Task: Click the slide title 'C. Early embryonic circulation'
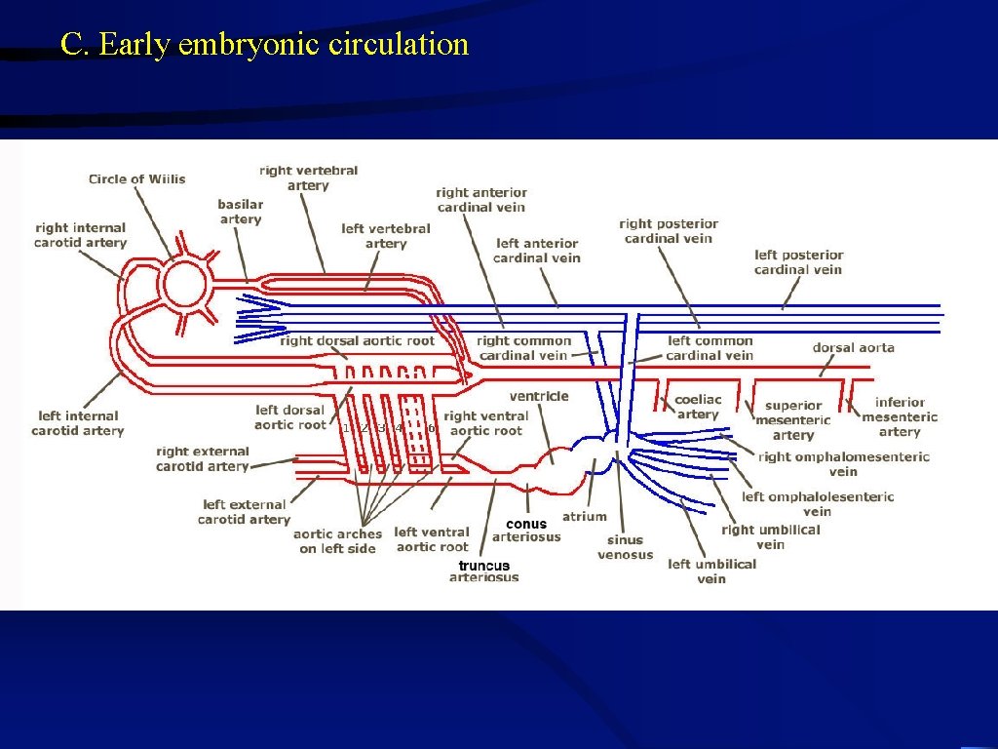[x=264, y=45]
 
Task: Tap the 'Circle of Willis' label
[x=136, y=178]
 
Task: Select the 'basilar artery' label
[x=240, y=212]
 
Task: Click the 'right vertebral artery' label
[x=308, y=177]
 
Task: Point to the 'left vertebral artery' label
[x=386, y=236]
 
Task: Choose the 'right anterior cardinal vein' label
[x=481, y=200]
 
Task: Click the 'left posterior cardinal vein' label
[x=798, y=262]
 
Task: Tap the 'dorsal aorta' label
[x=853, y=347]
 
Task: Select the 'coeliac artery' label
[x=698, y=407]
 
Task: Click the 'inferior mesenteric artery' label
[x=900, y=416]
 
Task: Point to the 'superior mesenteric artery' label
[x=793, y=420]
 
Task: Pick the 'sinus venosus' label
[x=625, y=547]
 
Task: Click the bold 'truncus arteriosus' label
[x=484, y=571]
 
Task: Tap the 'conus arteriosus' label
[x=526, y=530]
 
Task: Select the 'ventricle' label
[x=539, y=396]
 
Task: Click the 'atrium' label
[x=584, y=516]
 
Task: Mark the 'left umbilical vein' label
[x=711, y=571]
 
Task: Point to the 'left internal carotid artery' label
[x=78, y=423]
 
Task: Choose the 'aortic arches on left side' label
[x=337, y=541]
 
